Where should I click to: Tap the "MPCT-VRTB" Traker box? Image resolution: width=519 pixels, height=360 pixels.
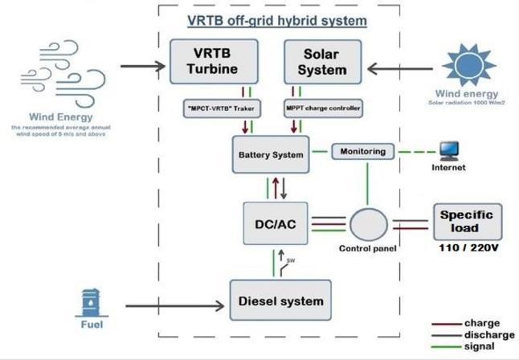click(215, 107)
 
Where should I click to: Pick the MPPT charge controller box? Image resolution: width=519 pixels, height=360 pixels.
click(322, 107)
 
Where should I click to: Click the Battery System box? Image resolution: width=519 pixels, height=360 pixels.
click(271, 153)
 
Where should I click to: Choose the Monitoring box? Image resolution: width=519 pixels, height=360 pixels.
click(362, 151)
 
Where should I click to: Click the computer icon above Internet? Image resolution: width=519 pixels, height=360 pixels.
click(449, 150)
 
